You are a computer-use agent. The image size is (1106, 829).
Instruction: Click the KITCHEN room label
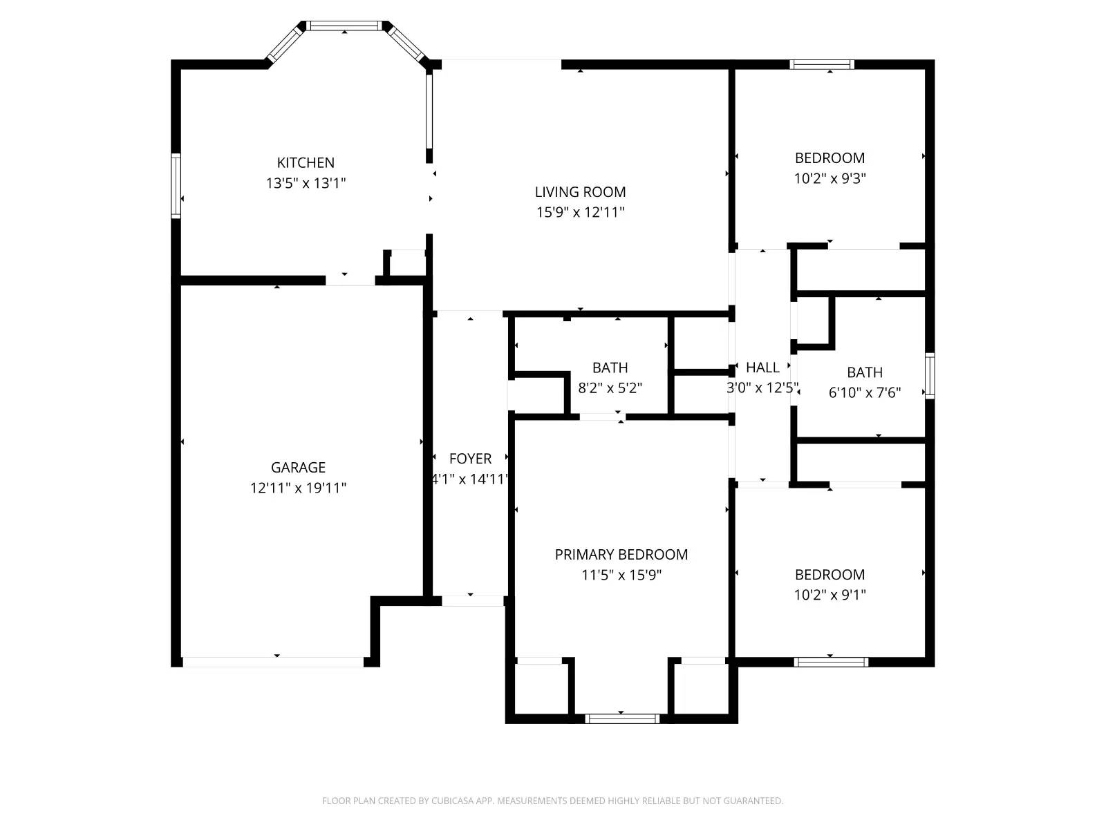coord(306,163)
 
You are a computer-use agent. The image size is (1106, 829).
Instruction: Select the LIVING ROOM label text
coord(580,192)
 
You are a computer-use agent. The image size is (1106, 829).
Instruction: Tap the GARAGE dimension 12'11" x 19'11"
coord(298,488)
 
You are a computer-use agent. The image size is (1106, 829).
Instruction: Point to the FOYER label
coord(470,459)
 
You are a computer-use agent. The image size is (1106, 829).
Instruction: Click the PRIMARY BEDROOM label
coord(621,554)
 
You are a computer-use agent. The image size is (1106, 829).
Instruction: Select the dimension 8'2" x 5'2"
coord(610,388)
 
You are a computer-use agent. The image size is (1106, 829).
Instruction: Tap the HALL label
coord(762,368)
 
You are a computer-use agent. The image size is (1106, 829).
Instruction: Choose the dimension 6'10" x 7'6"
coord(864,392)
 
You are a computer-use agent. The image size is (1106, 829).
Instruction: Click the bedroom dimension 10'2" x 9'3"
coord(829,178)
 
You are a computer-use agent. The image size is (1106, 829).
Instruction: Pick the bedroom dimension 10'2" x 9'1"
coord(829,595)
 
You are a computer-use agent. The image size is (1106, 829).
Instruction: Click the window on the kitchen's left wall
coord(176,186)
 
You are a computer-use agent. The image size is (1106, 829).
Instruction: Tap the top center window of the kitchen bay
coord(344,26)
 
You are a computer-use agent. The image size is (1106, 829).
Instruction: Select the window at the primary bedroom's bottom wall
coord(622,718)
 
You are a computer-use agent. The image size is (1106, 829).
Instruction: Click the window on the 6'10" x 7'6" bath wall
coord(930,376)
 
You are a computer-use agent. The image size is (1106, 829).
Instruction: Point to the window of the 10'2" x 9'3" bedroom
coord(822,65)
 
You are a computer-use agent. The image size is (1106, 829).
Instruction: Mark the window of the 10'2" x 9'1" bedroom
coord(830,662)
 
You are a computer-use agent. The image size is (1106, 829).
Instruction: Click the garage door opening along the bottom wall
coord(273,662)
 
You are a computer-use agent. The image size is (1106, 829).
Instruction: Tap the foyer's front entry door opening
coord(473,601)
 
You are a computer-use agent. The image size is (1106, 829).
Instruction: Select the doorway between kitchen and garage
coord(350,280)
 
